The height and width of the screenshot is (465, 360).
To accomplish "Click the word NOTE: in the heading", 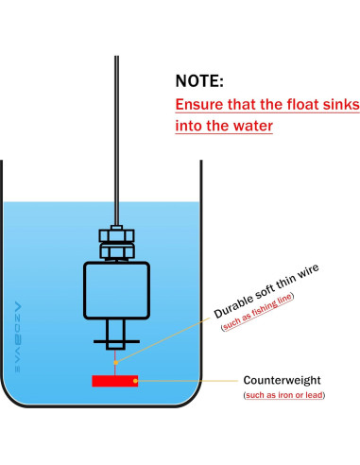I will click(x=200, y=81).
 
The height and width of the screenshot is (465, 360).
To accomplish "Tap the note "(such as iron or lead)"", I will click(x=284, y=395).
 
